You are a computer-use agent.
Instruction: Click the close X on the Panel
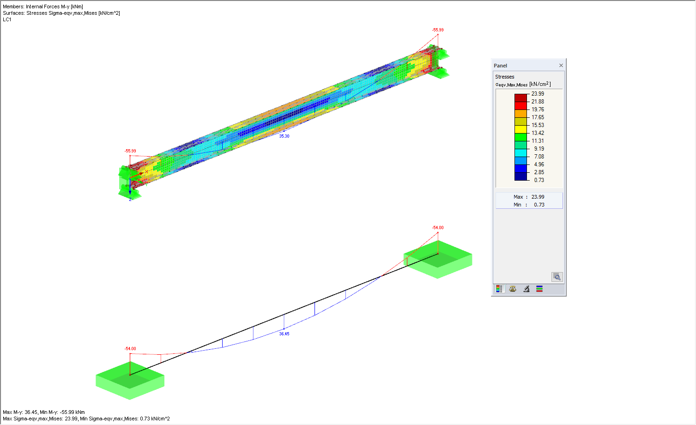561,65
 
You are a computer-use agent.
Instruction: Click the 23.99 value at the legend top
538,94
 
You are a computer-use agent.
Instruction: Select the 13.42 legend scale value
538,133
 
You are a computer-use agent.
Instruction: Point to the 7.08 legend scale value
539,157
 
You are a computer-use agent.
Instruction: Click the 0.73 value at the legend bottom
539,180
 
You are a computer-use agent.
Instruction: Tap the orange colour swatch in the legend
521,114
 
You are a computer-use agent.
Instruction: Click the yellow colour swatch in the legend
521,129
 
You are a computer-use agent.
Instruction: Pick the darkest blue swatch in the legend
521,176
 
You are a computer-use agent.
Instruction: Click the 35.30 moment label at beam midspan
284,136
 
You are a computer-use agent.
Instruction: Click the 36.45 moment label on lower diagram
284,334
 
